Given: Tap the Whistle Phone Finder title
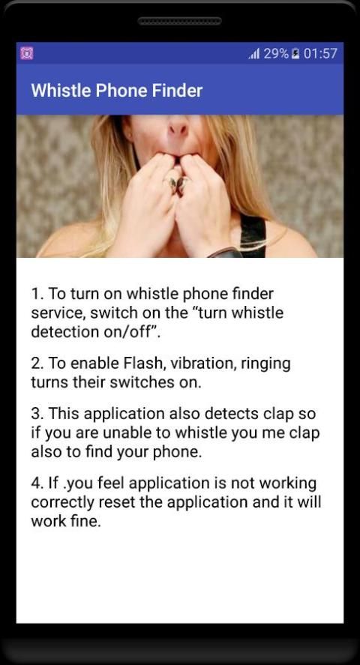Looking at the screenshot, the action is pyautogui.click(x=116, y=90).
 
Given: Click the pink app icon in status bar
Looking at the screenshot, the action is pyautogui.click(x=27, y=53).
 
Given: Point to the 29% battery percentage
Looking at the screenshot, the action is pyautogui.click(x=276, y=53).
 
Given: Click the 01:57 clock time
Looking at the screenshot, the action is pyautogui.click(x=320, y=53).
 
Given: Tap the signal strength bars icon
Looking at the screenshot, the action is pyautogui.click(x=254, y=54).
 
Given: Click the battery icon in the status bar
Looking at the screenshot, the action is pyautogui.click(x=296, y=54).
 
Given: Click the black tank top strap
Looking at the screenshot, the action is pyautogui.click(x=253, y=236).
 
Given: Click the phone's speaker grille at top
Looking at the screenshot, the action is pyautogui.click(x=180, y=21).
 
